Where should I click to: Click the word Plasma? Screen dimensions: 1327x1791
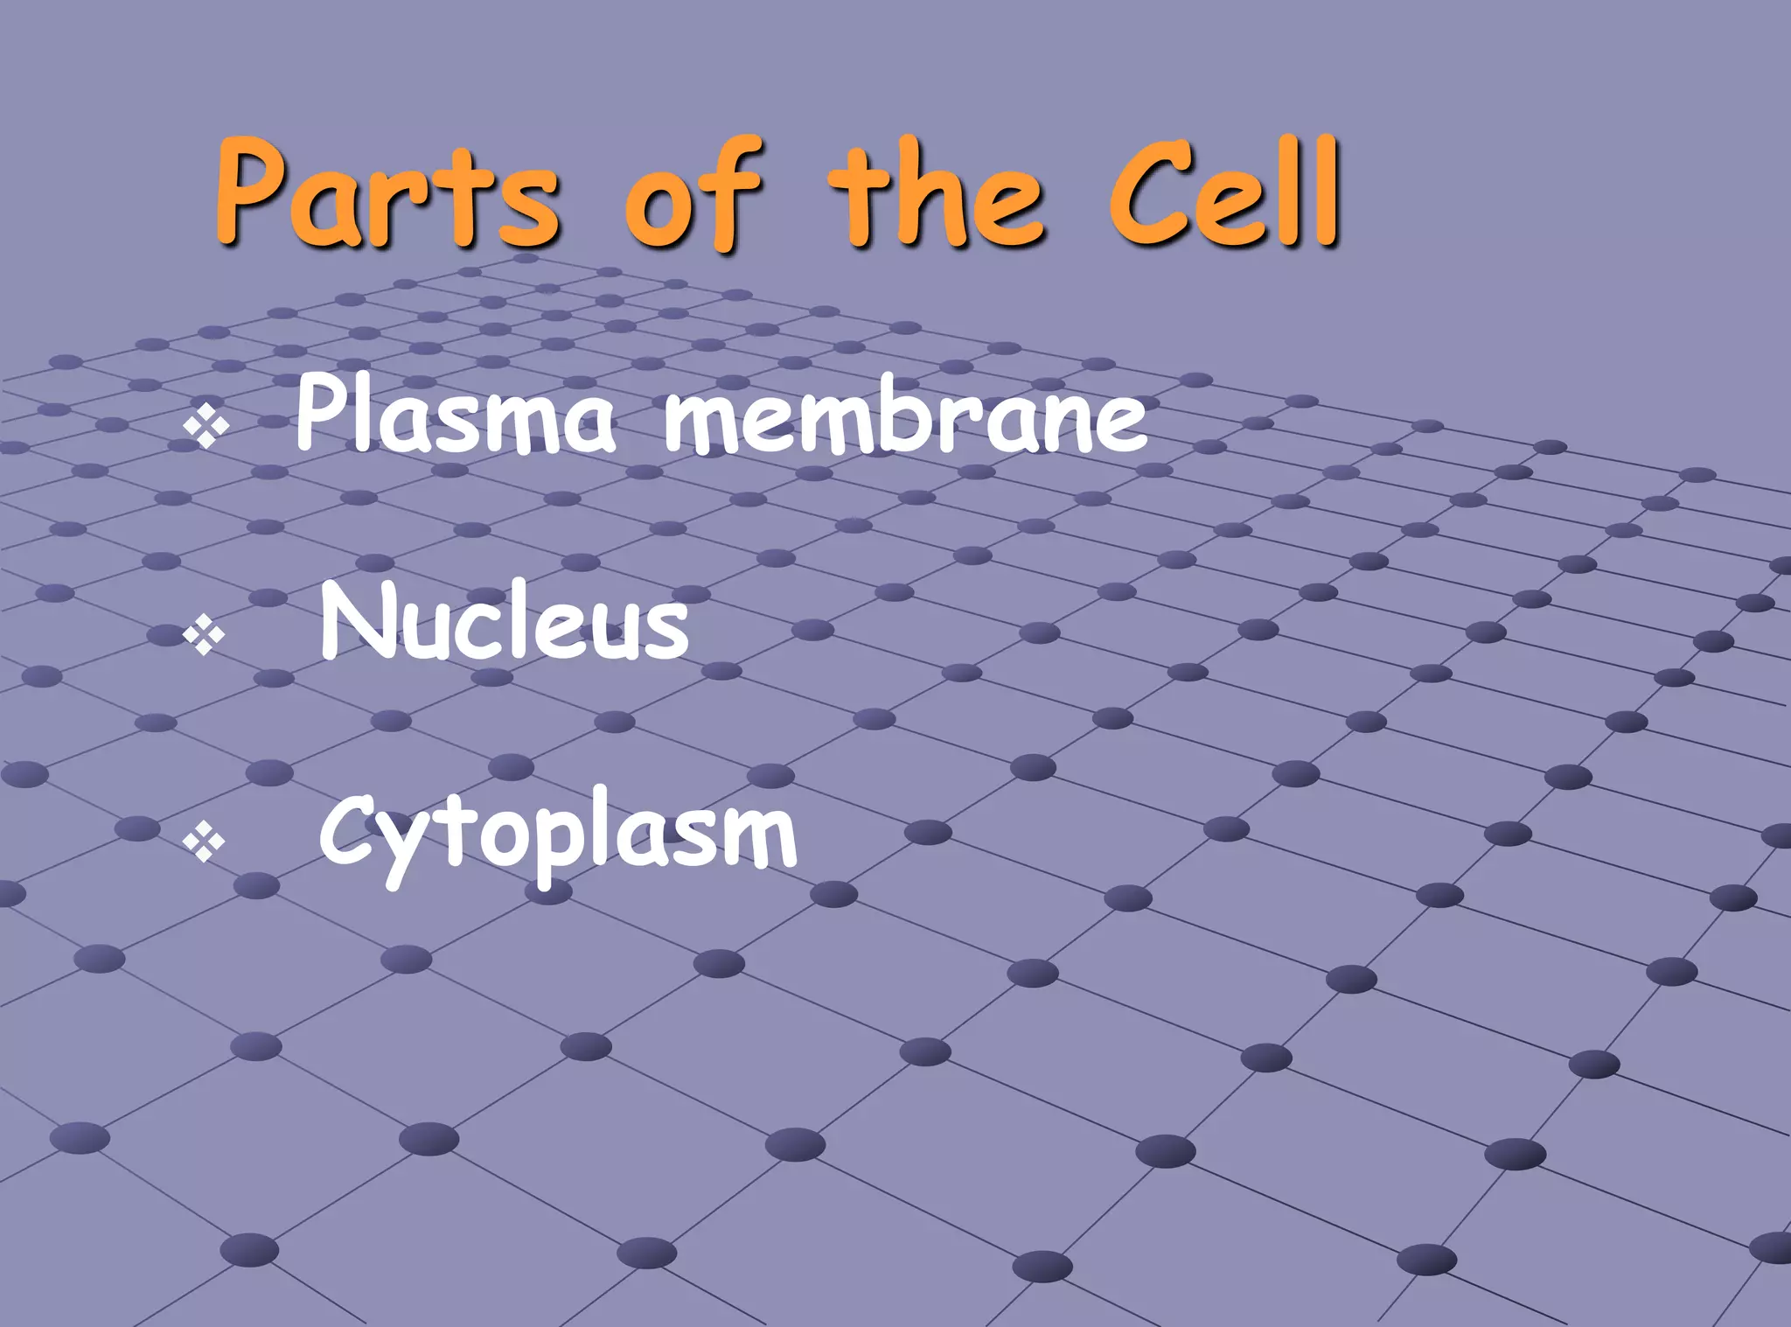point(455,416)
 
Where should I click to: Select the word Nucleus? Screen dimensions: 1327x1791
point(505,623)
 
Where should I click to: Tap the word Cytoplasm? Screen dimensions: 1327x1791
point(558,835)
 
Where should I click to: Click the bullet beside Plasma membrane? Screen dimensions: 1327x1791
point(206,428)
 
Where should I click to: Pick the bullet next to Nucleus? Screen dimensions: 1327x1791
point(205,635)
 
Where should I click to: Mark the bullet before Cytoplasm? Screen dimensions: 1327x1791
point(205,842)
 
